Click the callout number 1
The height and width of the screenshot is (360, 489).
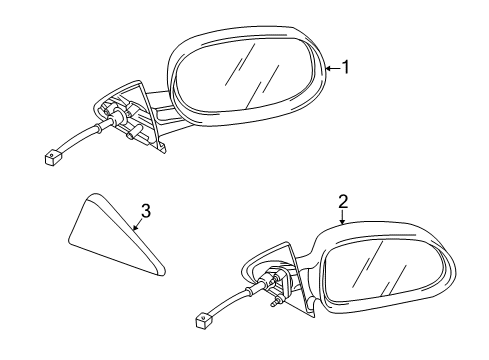[x=346, y=68]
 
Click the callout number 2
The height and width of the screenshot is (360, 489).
[x=342, y=202]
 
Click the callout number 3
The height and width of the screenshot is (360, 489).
[x=145, y=211]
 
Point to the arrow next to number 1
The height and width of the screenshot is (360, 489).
[x=333, y=68]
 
